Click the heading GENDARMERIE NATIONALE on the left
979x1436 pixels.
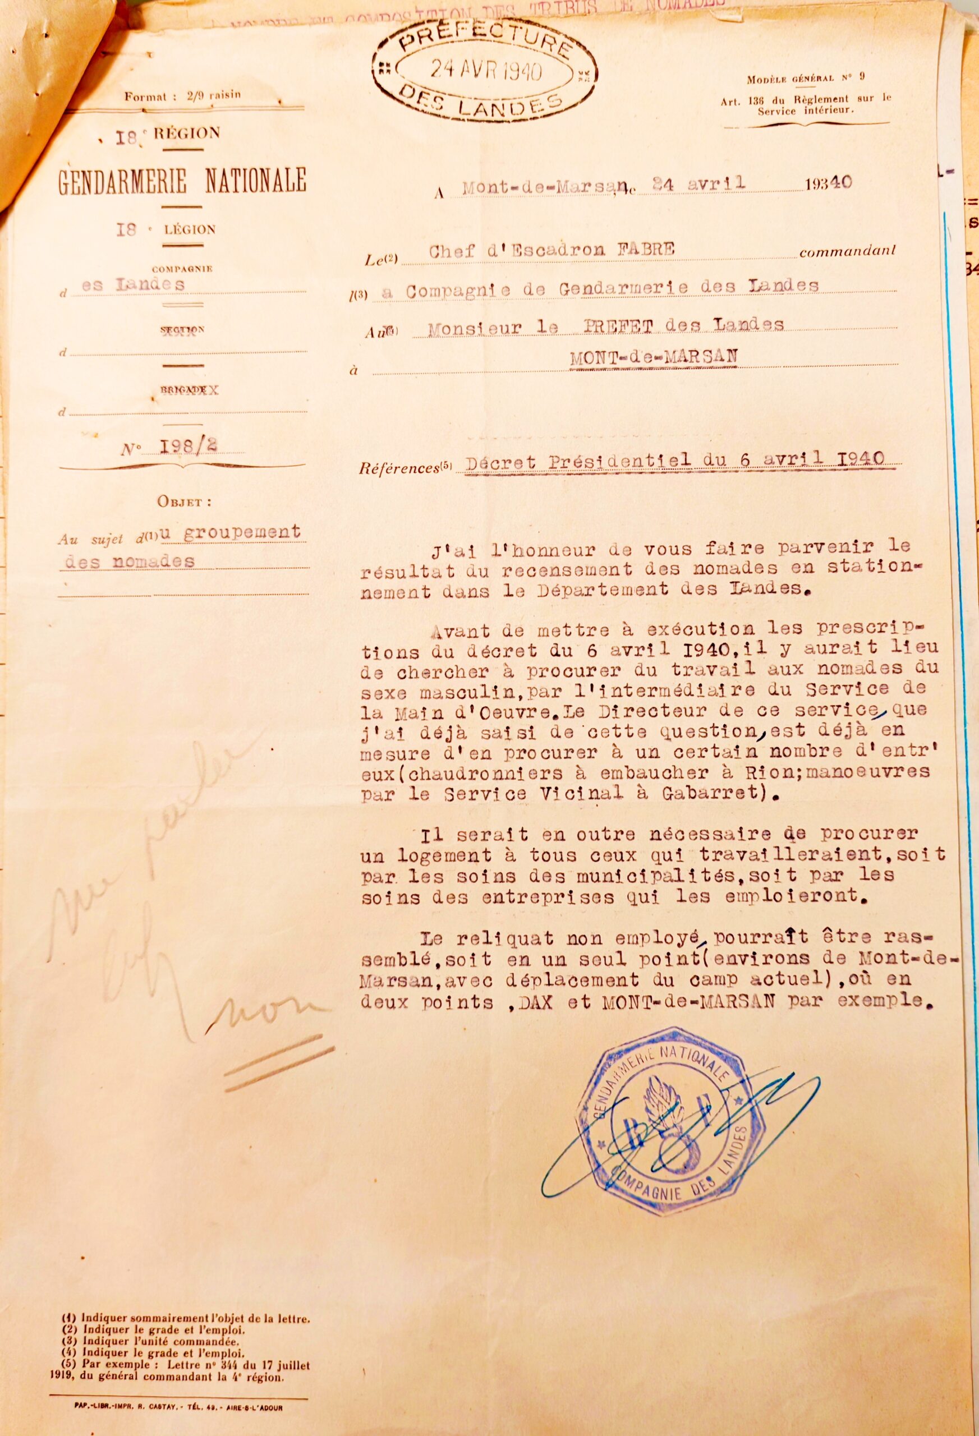point(182,181)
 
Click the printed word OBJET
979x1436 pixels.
point(183,501)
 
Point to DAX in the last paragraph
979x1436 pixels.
point(543,1002)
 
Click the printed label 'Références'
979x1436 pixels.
point(399,468)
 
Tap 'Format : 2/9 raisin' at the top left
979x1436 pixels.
point(182,96)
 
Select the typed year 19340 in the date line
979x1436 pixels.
point(828,183)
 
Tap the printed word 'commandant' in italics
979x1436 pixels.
point(847,252)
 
